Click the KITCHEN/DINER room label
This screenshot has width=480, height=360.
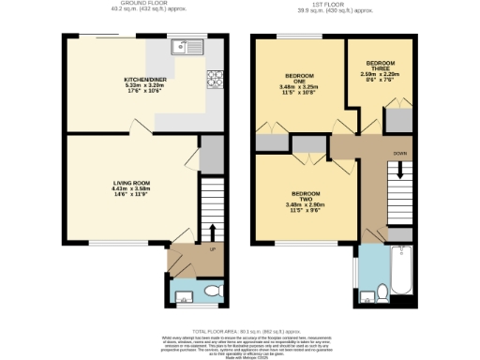coord(144,80)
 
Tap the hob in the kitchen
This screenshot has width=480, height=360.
coord(214,78)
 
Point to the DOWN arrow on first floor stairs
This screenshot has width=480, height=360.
coord(400,172)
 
